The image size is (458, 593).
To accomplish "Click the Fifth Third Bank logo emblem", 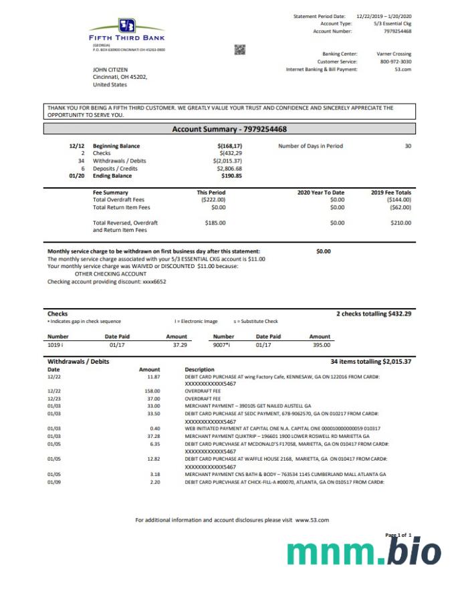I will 128,26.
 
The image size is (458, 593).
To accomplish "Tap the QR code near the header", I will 240,49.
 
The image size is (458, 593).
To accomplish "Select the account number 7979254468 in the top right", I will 398,31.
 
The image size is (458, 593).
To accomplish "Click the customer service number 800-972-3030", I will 396,62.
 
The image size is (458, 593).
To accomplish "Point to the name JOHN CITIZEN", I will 110,70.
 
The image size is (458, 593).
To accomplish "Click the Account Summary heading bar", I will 230,129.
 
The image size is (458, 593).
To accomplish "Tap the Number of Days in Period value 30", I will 408,146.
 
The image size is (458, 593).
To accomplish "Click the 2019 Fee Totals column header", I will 391,193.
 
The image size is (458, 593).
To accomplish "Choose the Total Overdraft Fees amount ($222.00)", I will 213,200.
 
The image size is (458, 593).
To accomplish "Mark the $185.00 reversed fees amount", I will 215,223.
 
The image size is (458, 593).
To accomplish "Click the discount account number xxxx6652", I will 154,281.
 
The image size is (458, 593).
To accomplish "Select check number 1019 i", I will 55,345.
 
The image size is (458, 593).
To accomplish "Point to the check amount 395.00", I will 321,345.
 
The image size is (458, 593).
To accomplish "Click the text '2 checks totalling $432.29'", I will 374,314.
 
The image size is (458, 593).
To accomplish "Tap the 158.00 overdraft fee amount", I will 152,390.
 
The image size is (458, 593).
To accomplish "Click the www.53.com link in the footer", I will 312,519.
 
